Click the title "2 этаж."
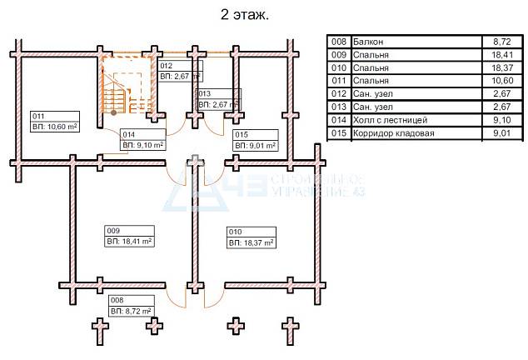tap(245, 15)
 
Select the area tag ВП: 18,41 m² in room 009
tap(130, 242)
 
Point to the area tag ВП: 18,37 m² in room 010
tap(252, 242)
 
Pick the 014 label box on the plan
tap(143, 140)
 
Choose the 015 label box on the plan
tap(256, 140)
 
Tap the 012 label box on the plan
tap(181, 71)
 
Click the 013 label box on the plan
tap(219, 99)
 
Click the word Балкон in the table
tap(368, 42)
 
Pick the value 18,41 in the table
tap(502, 55)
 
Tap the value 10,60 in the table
tap(502, 81)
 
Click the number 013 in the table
tap(339, 107)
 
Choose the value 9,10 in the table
tap(502, 120)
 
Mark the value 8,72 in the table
tap(502, 42)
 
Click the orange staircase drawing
tap(127, 86)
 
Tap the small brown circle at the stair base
tap(114, 112)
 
